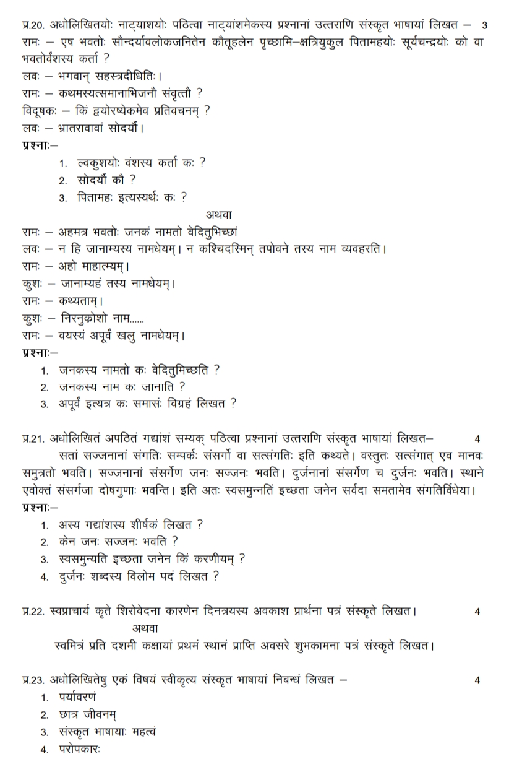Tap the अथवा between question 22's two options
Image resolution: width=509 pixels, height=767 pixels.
146,628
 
